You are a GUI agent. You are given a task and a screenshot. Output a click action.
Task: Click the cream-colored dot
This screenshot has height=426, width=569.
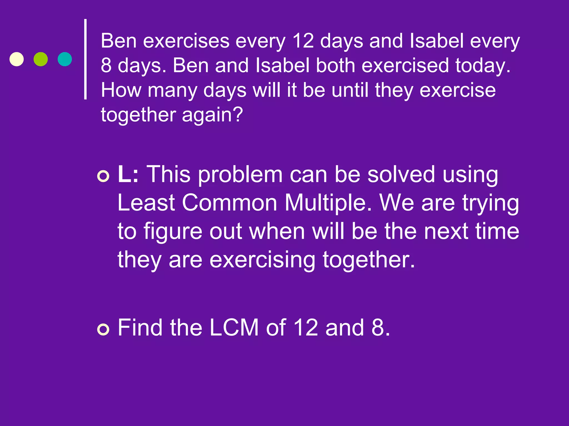[17, 59]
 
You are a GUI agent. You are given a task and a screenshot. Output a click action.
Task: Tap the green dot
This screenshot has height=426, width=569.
[41, 59]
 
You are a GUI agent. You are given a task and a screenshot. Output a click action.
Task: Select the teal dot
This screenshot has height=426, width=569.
[65, 59]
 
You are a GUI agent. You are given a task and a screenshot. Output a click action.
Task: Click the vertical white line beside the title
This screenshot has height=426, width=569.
[86, 59]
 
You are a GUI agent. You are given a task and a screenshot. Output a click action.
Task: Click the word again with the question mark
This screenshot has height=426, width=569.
[213, 115]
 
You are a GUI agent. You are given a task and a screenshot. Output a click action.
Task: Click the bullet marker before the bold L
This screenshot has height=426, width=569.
[103, 176]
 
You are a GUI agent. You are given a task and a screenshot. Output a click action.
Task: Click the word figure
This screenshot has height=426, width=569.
[173, 232]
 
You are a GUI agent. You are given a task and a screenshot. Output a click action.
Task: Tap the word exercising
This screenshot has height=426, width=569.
[262, 260]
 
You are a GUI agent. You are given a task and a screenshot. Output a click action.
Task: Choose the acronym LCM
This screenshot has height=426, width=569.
[234, 328]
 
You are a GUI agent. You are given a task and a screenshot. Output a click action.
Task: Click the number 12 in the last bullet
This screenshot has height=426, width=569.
[306, 328]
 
